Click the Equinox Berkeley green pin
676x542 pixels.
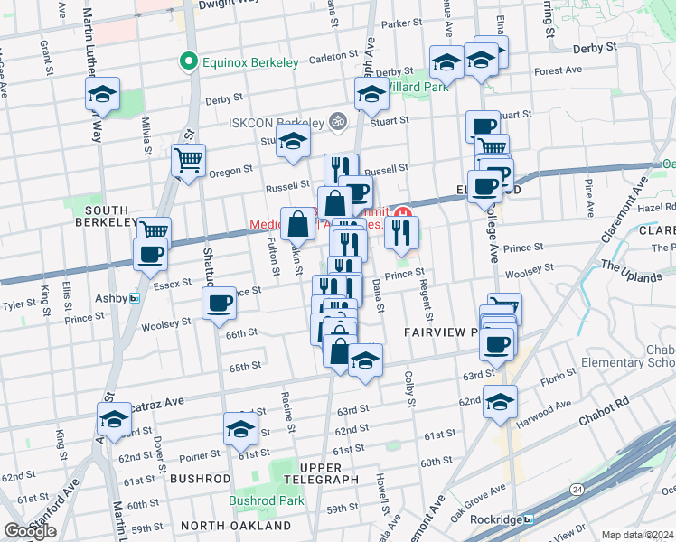pyautogui.click(x=189, y=62)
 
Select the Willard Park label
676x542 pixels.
pyautogui.click(x=417, y=87)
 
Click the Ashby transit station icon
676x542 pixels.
pyautogui.click(x=135, y=297)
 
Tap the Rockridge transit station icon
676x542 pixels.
pyautogui.click(x=529, y=519)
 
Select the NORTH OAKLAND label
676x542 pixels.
pyautogui.click(x=236, y=525)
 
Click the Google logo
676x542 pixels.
pyautogui.click(x=30, y=532)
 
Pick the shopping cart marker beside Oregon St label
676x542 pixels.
pyautogui.click(x=189, y=161)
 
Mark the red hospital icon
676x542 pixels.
pyautogui.click(x=403, y=213)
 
